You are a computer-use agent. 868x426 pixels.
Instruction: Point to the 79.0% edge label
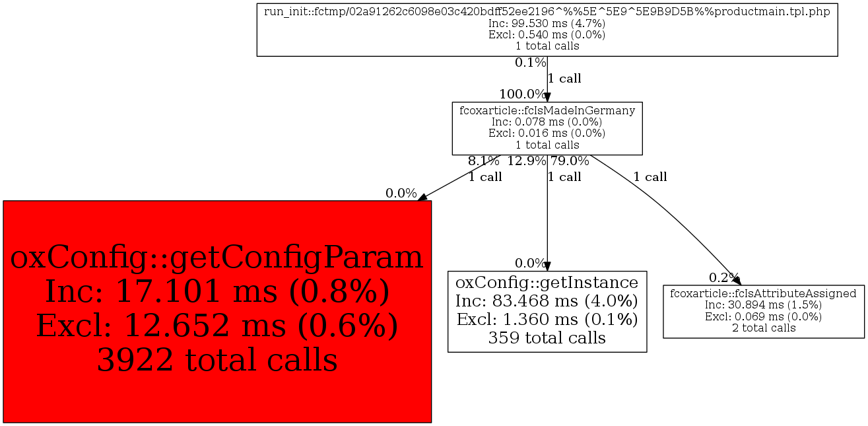pos(570,160)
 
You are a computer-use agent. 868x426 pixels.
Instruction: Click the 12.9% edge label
pos(527,160)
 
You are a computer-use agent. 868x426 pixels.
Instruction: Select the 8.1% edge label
pos(484,160)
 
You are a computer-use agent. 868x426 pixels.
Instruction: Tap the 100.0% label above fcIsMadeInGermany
pos(522,94)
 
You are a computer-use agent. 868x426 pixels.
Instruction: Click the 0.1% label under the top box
pos(531,63)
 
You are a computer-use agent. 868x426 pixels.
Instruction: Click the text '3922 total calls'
pos(217,360)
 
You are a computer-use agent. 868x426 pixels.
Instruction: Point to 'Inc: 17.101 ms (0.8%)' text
pos(217,291)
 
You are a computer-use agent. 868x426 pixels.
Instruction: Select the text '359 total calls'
pos(547,338)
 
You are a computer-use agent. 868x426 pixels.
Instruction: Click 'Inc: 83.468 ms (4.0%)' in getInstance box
pos(547,301)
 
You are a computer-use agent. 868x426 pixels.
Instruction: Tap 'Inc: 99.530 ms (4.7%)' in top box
pos(547,23)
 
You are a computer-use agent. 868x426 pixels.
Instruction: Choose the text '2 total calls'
pos(763,328)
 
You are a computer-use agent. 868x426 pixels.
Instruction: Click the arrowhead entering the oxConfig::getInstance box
pos(547,266)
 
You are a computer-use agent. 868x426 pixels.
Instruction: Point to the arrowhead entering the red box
pos(423,197)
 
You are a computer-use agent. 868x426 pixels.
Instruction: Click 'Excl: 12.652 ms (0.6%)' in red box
pos(217,326)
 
